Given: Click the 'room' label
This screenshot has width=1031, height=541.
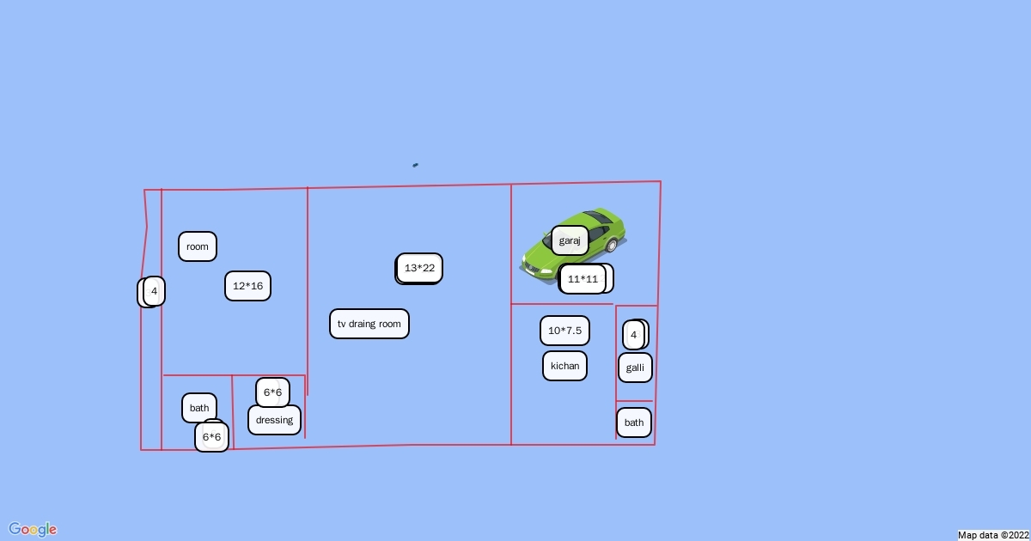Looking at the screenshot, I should (x=198, y=246).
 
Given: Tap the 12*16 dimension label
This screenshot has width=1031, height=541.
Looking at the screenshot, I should (x=247, y=286).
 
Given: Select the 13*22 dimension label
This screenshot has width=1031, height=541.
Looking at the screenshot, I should (x=419, y=268).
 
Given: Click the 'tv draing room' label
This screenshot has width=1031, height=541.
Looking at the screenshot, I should (x=369, y=324).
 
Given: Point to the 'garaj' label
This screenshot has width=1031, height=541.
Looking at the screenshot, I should (x=570, y=240).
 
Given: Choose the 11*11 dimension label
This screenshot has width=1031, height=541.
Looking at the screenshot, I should (x=583, y=278).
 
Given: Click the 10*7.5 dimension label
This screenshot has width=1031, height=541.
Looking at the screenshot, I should (x=564, y=331).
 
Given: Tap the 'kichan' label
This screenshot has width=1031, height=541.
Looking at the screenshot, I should (x=564, y=366).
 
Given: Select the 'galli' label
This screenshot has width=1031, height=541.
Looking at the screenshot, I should (x=635, y=368).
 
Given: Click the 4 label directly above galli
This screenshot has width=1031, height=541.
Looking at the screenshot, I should (x=634, y=334).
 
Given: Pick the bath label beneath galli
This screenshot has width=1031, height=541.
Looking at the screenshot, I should (x=634, y=422).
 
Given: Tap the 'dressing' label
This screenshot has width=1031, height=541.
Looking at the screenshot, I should (x=274, y=420).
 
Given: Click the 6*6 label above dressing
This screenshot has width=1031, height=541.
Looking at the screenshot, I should (x=272, y=392).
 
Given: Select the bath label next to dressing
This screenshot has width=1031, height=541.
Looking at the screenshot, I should (x=199, y=408).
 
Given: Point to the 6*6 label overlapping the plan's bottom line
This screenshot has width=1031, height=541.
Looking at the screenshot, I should (x=211, y=437).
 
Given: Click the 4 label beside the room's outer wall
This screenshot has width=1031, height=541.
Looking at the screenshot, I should (x=154, y=291).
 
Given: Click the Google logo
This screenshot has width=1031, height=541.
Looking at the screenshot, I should (x=33, y=529).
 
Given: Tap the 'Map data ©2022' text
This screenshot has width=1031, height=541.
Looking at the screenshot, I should (x=992, y=535).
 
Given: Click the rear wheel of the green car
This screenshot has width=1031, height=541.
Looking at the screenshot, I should (x=612, y=246).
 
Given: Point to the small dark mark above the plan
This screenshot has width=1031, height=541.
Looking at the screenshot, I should (x=416, y=165).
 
